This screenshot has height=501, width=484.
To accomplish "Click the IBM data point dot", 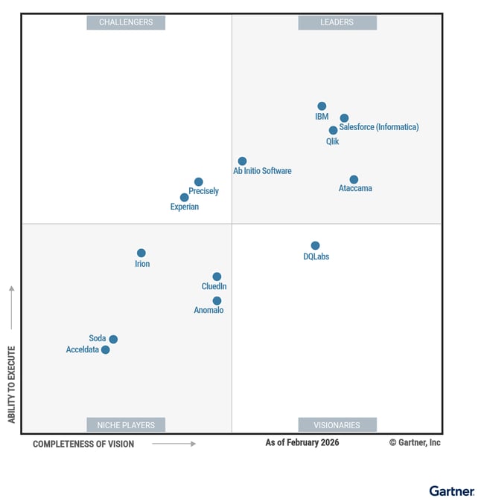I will pos(322,106).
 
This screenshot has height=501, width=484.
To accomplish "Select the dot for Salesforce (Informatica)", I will pos(344,118).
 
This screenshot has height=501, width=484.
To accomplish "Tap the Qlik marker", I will pos(333,130).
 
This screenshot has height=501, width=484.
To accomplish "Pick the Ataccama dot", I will pos(354,179).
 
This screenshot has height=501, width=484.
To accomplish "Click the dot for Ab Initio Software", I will pos(242,161).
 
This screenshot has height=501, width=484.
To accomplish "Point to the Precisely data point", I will pos(199,181).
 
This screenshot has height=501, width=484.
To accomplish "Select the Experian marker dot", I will pos(184,197).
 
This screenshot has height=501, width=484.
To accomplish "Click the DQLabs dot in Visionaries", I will pos(315,245).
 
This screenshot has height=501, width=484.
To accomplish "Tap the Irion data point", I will pos(141,253).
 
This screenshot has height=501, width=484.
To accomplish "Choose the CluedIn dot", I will pos(217,277).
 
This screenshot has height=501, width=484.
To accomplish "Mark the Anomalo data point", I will pos(217,301).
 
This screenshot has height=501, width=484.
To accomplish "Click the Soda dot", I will pos(113,339).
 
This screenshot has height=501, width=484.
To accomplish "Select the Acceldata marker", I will pos(106,349).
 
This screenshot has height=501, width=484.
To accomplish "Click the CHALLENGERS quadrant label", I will pos(126,22).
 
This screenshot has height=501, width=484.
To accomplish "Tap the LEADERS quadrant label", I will pos(337,22).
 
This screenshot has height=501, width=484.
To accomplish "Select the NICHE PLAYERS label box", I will pos(126,425).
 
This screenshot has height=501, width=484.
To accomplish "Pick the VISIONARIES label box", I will pos(337,425).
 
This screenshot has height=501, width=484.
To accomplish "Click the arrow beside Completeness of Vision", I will pos(173,444).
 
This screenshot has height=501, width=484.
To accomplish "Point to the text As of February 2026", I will pos(302,443).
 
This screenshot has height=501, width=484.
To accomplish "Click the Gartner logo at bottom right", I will pos(451,491).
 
